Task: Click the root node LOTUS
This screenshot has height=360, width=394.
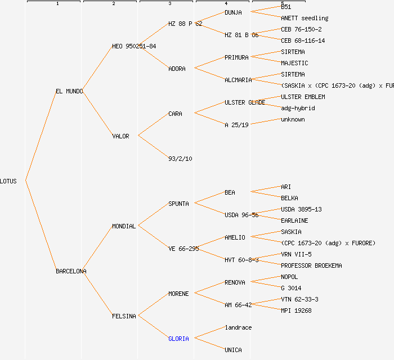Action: pos(8,181)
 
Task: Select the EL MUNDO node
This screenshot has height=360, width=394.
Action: pos(69,91)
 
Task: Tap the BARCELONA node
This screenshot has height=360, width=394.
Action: pos(71,271)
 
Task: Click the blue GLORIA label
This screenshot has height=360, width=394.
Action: pos(178,339)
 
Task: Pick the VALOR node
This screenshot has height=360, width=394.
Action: pos(120,136)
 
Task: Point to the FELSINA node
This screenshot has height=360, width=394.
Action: pos(124,316)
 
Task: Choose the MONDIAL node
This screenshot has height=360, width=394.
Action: pos(124,226)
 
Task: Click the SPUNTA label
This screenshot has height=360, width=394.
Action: pos(178,204)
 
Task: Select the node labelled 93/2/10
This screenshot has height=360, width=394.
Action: pos(180,159)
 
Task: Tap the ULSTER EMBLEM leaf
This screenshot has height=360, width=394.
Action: pos(303,97)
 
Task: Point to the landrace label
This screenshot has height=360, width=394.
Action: pos(238,327)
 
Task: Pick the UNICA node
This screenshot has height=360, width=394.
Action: pos(233,350)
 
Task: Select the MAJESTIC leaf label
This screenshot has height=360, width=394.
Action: pos(294,63)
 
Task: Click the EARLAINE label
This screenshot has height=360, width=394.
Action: pos(294,220)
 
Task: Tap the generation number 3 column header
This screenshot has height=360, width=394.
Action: pos(169,4)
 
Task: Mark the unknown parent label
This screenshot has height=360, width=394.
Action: pos(293,119)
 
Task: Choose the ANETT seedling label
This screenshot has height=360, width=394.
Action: pos(305,18)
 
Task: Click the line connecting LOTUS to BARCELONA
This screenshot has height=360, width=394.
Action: pos(41,226)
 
